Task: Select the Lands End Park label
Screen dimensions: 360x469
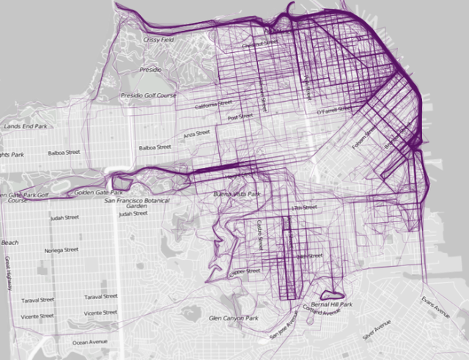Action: pos(26,126)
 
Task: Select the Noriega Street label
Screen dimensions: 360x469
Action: pos(62,249)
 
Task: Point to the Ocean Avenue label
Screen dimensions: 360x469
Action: pos(89,342)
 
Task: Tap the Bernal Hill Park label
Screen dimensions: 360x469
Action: pos(332,304)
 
